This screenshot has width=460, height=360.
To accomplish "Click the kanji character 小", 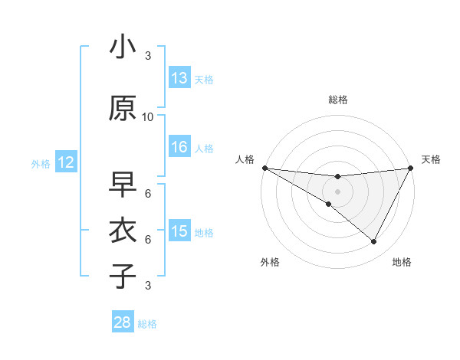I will click(123, 48).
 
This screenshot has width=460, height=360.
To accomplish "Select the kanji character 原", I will click(123, 109).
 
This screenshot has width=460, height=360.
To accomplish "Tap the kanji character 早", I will click(123, 185).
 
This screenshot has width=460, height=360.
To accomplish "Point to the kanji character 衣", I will click(123, 231).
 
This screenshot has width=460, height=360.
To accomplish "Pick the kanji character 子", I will click(123, 276).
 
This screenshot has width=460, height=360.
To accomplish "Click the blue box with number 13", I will click(179, 78).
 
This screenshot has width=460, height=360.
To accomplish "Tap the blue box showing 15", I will click(179, 231).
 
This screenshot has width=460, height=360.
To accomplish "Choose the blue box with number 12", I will click(65, 162).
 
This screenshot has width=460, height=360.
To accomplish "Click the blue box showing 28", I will click(123, 322).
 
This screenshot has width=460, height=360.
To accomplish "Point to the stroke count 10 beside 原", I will click(148, 117).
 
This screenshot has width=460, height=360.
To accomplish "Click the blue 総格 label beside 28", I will click(147, 324).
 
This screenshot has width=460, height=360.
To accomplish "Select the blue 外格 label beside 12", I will click(41, 163).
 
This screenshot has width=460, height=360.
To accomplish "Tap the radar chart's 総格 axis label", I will click(338, 100).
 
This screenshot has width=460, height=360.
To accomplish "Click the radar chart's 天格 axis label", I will click(432, 159).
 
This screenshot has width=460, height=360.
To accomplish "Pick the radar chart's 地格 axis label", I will click(402, 262).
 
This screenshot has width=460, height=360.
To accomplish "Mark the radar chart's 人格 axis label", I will click(245, 159).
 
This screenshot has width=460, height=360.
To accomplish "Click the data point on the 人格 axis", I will click(264, 168).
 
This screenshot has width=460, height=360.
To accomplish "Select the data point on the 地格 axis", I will click(374, 242).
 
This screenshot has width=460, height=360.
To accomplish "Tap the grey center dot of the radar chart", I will click(337, 191).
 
